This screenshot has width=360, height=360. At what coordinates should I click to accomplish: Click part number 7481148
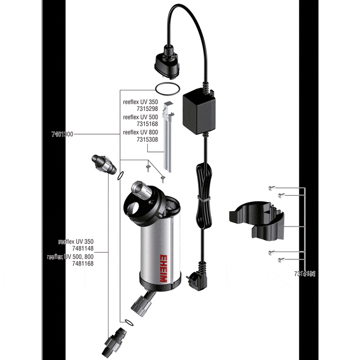click(82, 248)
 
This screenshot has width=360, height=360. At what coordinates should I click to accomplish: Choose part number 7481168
click(82, 264)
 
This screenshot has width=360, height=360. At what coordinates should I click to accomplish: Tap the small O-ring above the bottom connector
click(128, 322)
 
